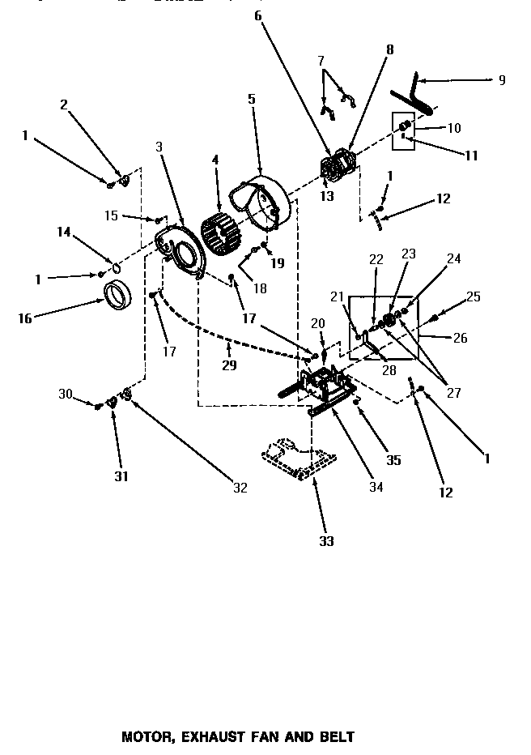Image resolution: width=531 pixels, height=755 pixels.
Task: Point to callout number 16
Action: [x=24, y=318]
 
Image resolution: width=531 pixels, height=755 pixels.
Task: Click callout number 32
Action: [x=240, y=488]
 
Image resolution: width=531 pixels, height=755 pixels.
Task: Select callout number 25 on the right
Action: [x=474, y=297]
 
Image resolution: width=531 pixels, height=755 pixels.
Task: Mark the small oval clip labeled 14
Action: [x=116, y=267]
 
